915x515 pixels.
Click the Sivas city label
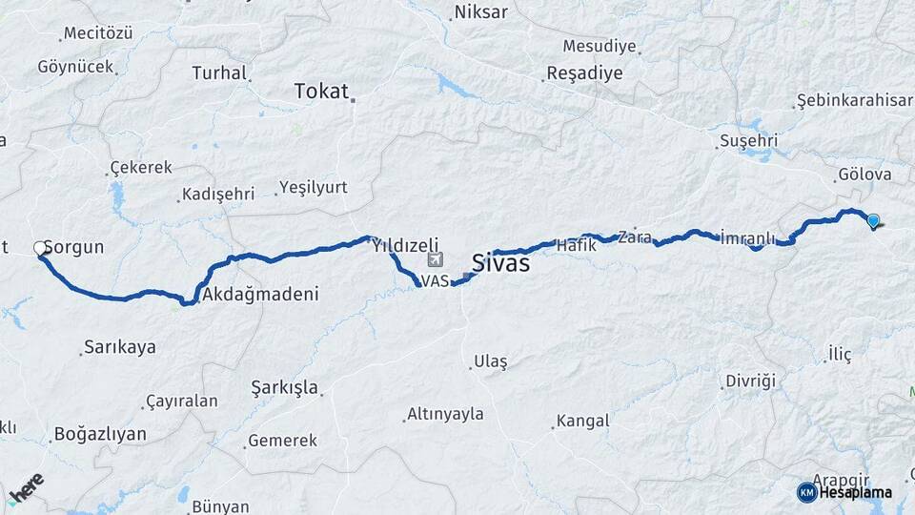click(x=500, y=263)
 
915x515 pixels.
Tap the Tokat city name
click(x=321, y=91)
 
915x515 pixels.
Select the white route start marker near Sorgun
click(x=40, y=248)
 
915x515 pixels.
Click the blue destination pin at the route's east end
click(x=873, y=221)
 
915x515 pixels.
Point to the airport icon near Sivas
click(x=436, y=259)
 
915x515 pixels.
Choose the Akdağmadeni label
click(x=259, y=294)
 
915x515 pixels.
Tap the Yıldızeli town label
click(x=405, y=244)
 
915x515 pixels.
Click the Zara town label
click(x=634, y=237)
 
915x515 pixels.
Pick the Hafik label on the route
click(x=576, y=245)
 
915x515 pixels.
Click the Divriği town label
click(x=750, y=381)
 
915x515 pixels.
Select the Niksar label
click(x=481, y=12)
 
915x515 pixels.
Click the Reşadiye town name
click(x=584, y=73)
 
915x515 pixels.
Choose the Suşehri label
click(x=748, y=141)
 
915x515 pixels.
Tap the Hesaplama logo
click(x=845, y=492)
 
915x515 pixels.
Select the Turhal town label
click(x=219, y=72)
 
